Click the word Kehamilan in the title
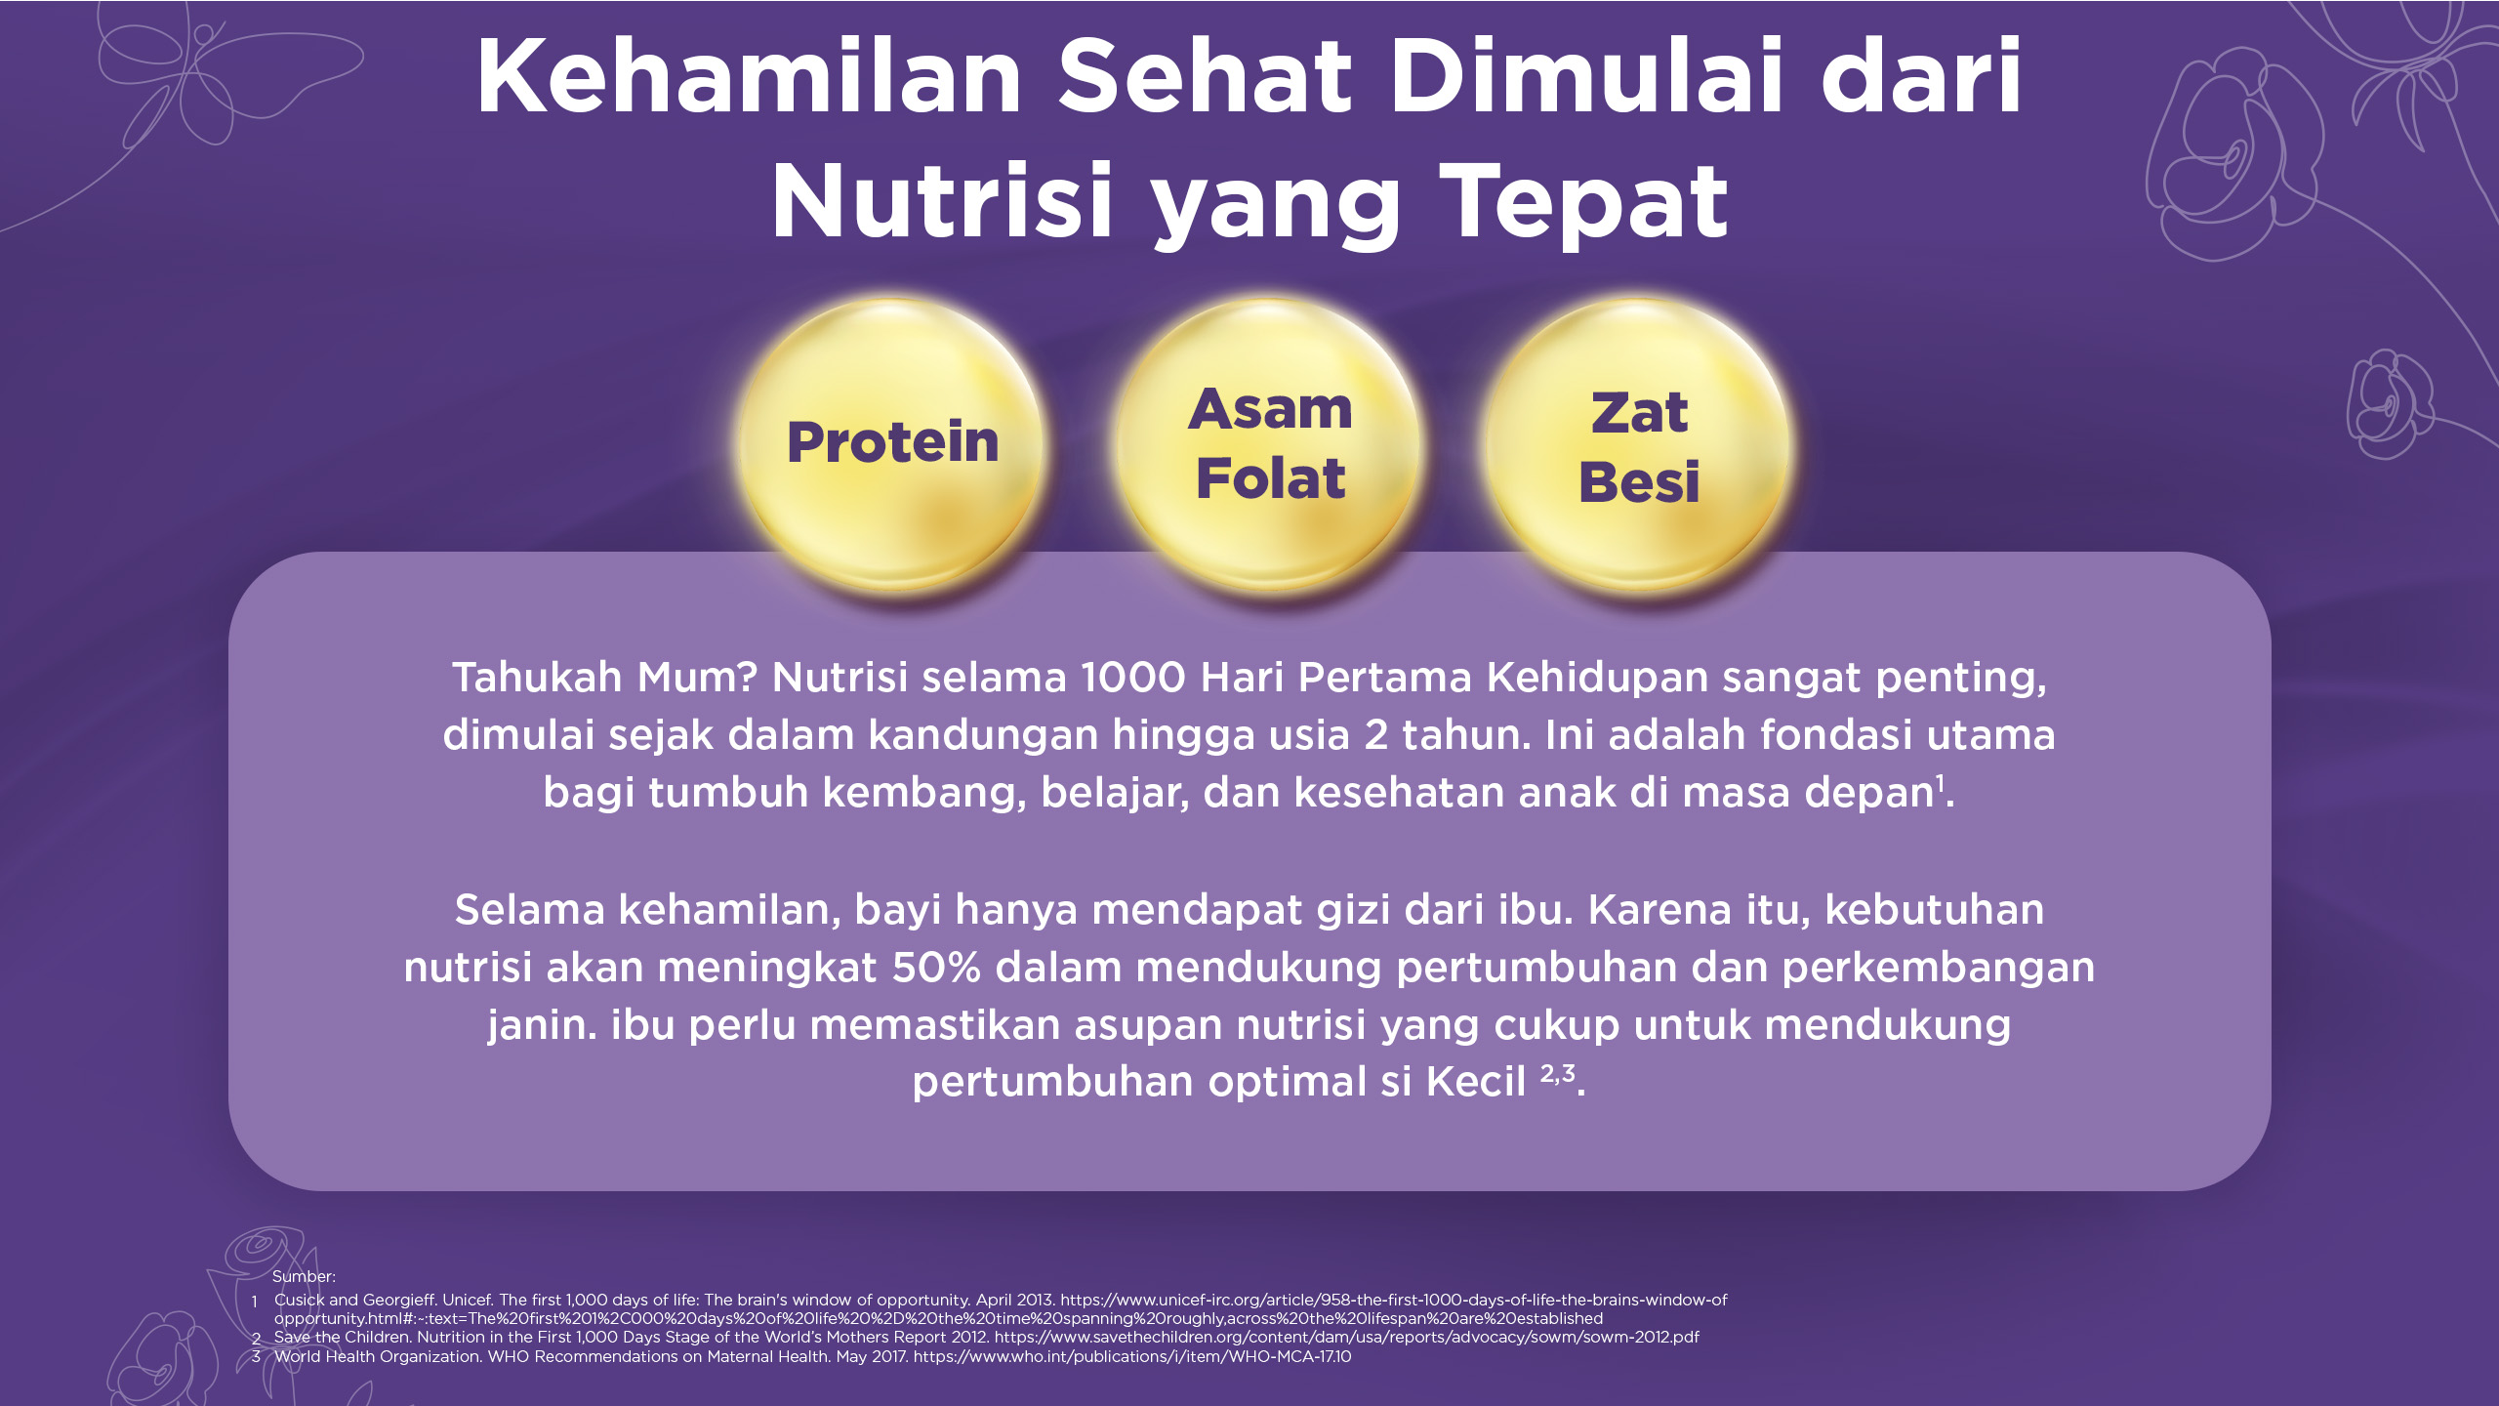(749, 76)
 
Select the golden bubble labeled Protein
(892, 445)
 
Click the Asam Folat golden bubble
(1269, 445)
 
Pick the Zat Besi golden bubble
(1638, 445)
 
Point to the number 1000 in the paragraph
(1133, 677)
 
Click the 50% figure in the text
(936, 968)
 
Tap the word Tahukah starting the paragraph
(537, 677)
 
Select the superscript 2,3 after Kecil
(1558, 1074)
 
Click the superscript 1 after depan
(1941, 783)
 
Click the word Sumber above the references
(304, 1276)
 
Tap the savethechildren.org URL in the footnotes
(1346, 1337)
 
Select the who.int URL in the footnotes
(1132, 1356)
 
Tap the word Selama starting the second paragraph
(530, 909)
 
